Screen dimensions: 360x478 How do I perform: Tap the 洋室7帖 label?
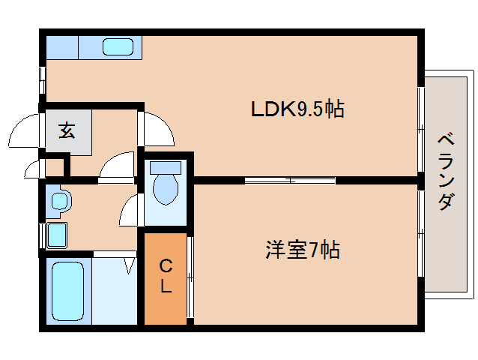(x=302, y=248)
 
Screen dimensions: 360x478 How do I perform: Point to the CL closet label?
(x=165, y=275)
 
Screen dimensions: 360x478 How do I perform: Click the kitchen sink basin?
(x=118, y=46)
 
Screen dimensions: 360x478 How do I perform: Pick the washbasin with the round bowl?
(x=58, y=200)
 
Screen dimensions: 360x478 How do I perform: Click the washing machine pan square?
(x=57, y=234)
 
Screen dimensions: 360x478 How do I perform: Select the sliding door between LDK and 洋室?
(x=290, y=180)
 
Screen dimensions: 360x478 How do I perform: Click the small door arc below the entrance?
(x=33, y=168)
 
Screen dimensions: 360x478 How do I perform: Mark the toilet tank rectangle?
(x=166, y=166)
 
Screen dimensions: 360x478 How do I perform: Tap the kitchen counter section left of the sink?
(x=62, y=47)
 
